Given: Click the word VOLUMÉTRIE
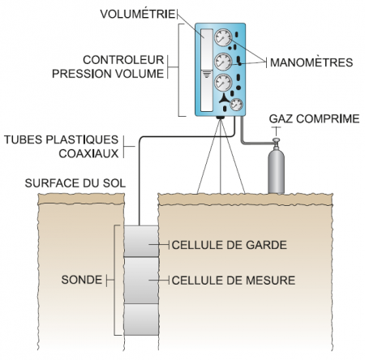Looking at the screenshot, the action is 138,14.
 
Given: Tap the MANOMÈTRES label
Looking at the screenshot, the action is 311,62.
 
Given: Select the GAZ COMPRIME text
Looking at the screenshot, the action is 314,118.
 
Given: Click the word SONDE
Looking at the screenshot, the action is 82,280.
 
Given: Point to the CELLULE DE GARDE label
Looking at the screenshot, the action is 230,245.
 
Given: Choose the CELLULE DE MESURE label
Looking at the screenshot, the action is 234,281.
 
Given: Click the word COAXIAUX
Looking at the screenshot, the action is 88,153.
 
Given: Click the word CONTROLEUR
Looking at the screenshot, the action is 123,60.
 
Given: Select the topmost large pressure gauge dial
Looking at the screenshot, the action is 223,38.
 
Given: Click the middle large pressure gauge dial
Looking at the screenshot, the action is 223,62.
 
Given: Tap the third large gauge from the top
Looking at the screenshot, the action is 223,83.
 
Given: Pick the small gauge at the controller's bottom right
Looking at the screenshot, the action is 236,105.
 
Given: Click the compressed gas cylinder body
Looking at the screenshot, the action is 276,172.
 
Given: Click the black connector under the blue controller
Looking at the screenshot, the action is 220,118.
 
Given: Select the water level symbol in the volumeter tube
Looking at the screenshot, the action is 207,74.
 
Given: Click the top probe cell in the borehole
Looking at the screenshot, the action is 141,241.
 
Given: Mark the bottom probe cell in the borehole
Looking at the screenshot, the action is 141,319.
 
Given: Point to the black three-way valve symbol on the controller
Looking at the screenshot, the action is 224,99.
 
